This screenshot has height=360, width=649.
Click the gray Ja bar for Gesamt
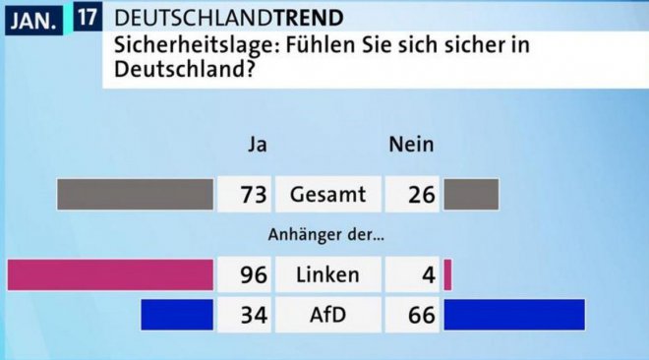(x=136, y=195)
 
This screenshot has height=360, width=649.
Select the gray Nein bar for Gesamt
(x=471, y=195)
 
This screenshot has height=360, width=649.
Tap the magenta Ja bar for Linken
(x=110, y=274)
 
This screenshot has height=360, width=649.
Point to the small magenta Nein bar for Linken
(x=447, y=274)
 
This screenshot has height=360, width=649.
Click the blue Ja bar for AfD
(x=177, y=315)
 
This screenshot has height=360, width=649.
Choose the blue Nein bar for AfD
(x=514, y=315)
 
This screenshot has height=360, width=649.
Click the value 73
(x=254, y=195)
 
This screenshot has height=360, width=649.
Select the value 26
(x=422, y=195)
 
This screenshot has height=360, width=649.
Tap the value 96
(x=254, y=275)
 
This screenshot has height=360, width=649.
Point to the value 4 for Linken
(x=429, y=275)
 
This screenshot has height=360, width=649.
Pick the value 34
(x=254, y=315)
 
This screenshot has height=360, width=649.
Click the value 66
(x=422, y=315)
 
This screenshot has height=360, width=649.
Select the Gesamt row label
(x=327, y=195)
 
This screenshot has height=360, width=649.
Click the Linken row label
(x=327, y=274)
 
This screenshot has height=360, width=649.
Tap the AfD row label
(x=327, y=315)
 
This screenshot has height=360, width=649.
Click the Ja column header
(x=258, y=145)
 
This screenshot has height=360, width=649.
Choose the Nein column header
(x=411, y=145)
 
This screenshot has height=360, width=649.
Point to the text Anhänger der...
(x=326, y=235)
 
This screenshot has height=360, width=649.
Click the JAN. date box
(x=33, y=21)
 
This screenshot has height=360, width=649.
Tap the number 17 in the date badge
(x=88, y=17)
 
